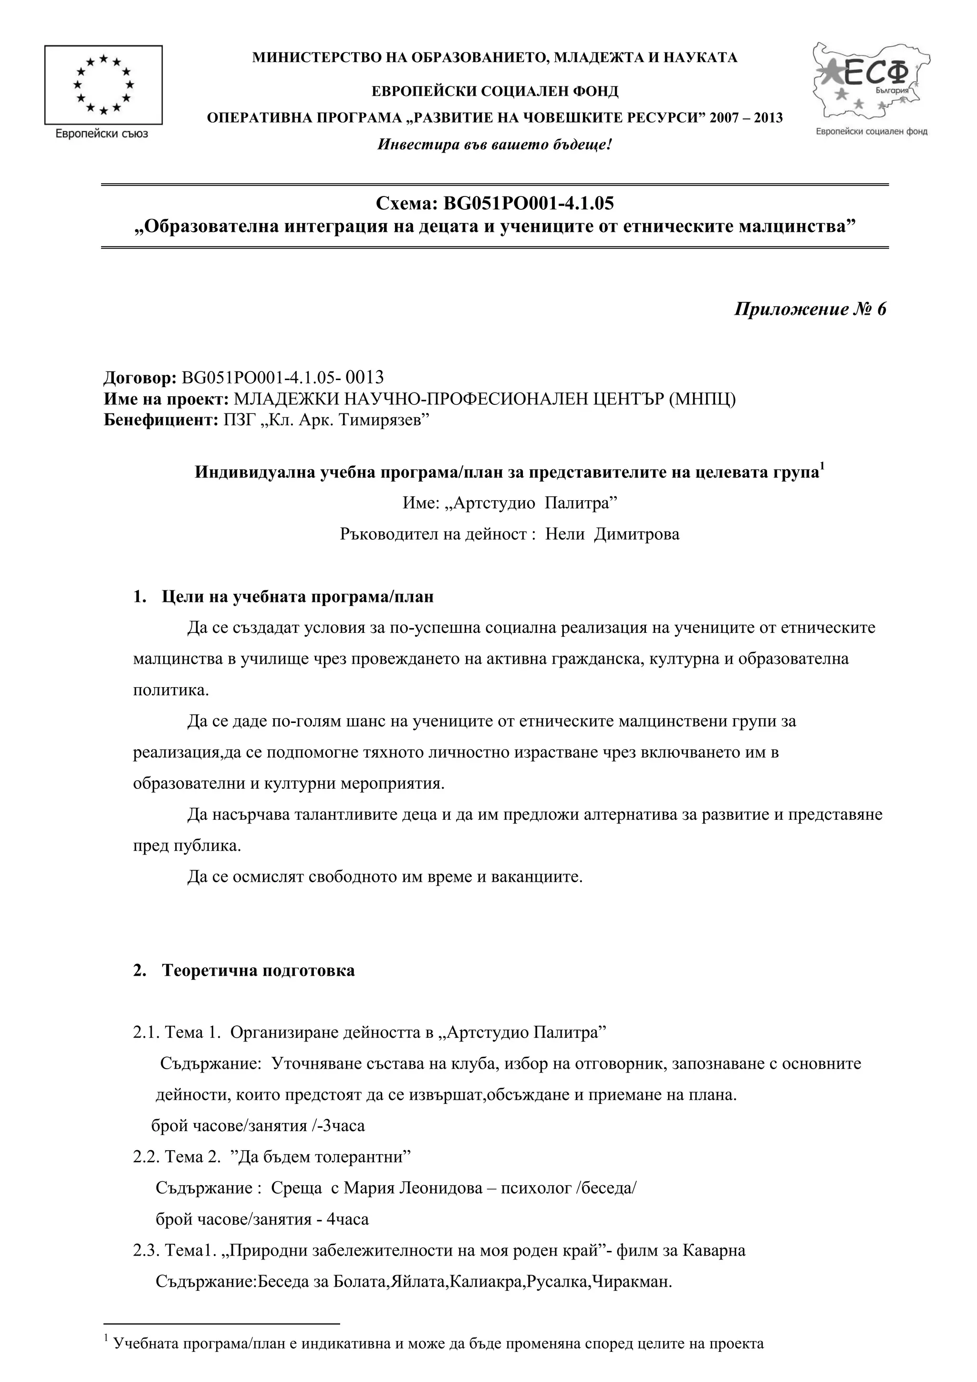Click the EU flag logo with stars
(103, 84)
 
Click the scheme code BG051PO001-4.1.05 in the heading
(528, 204)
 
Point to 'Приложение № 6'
(810, 309)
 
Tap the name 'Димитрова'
(636, 534)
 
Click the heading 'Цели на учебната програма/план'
(297, 597)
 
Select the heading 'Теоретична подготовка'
(258, 970)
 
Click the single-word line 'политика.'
(171, 690)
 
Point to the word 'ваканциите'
(536, 877)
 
